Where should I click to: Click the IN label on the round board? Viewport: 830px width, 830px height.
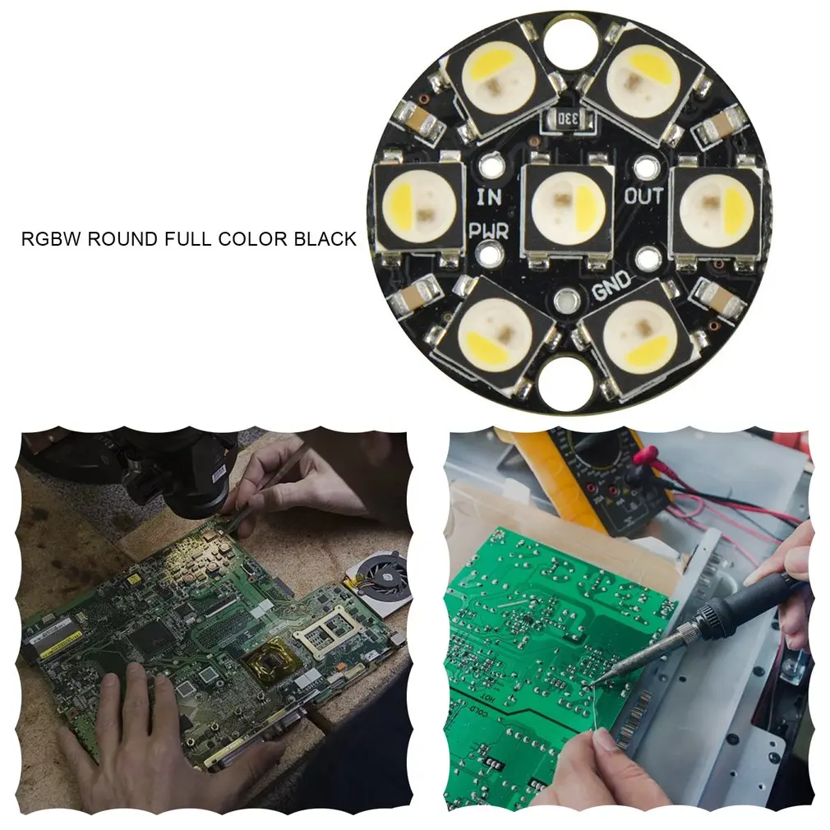point(490,197)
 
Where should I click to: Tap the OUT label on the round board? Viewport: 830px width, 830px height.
point(643,196)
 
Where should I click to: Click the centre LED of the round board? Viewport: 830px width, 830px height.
point(568,204)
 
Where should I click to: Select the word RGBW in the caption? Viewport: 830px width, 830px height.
point(51,239)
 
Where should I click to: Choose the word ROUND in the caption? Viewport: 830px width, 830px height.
point(123,239)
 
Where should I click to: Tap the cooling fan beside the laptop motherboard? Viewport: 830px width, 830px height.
point(383,575)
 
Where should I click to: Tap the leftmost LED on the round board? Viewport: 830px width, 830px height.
point(417,205)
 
